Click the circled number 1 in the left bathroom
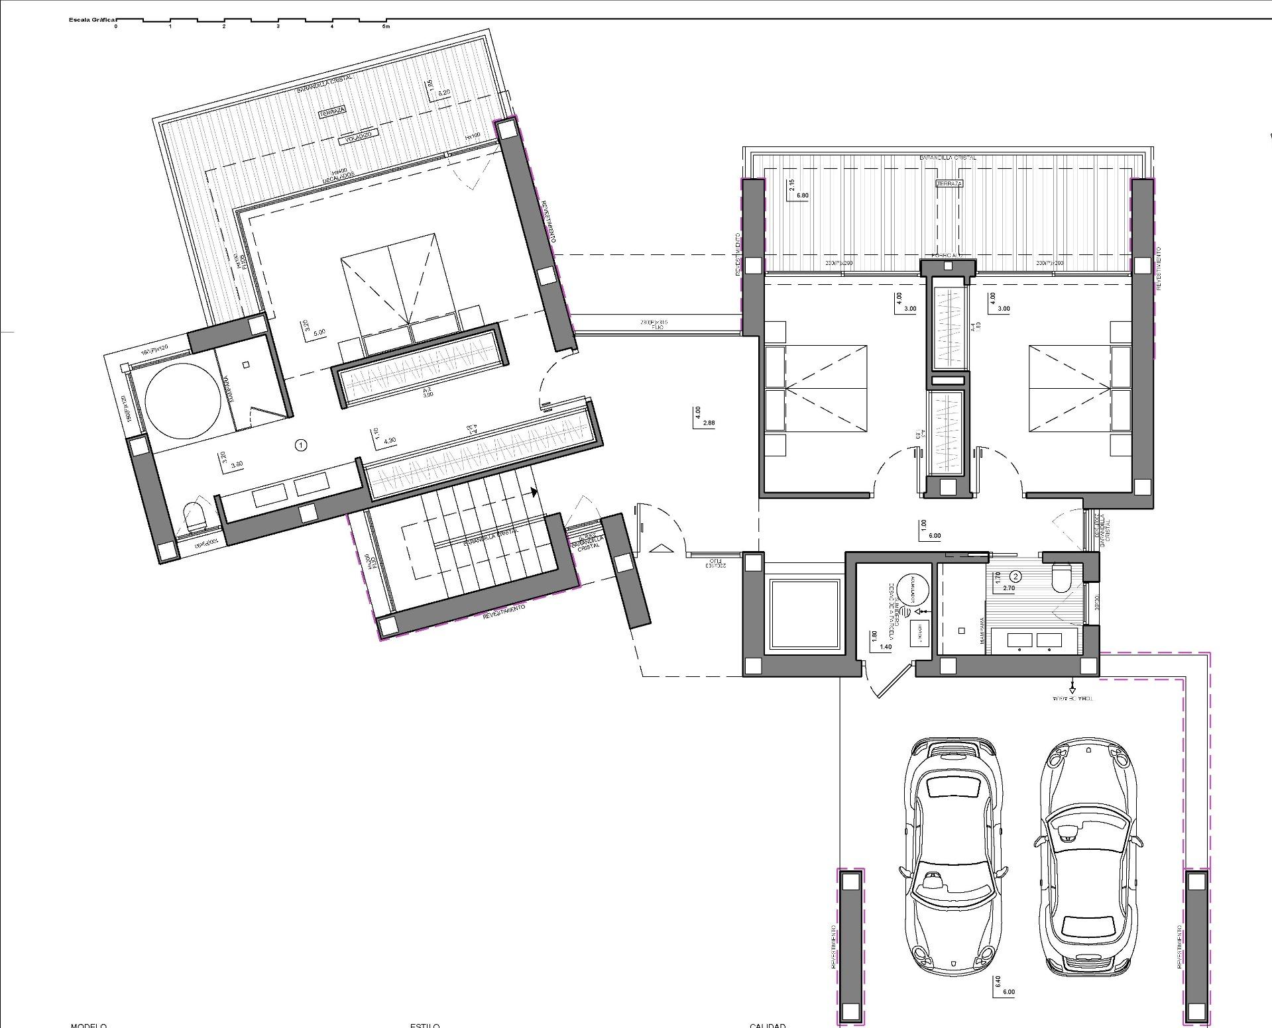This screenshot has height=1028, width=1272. tap(301, 445)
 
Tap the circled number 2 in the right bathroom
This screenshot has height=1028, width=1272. tap(1016, 576)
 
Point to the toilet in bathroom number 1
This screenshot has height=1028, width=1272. tap(194, 517)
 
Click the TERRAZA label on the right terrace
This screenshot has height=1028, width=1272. tap(949, 183)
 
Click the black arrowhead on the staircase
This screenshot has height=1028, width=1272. tap(534, 492)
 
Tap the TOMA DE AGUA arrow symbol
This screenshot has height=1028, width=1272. tap(1072, 687)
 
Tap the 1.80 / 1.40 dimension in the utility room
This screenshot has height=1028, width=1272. tap(880, 641)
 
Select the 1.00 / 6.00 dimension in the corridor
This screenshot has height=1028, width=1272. tap(929, 530)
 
